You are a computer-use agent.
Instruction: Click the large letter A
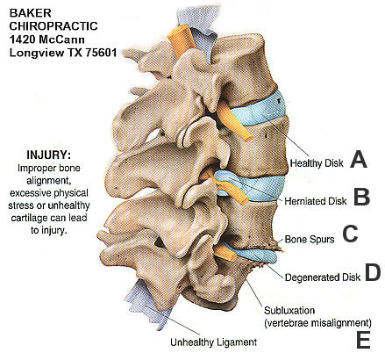[359, 159]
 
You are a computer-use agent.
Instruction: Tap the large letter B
[361, 197]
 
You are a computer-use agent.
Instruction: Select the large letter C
[350, 234]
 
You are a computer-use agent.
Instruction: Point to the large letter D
[373, 272]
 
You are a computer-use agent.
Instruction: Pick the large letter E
[363, 340]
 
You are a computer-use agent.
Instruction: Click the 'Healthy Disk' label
[317, 163]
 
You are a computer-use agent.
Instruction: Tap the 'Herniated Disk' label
[316, 201]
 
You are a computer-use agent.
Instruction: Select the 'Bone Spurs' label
[310, 240]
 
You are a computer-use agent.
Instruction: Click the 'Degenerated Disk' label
[323, 277]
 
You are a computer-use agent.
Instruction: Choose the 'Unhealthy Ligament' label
[213, 342]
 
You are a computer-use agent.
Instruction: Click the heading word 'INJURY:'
[48, 155]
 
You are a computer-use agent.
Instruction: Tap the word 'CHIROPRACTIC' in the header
[53, 26]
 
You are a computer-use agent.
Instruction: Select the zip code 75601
[101, 53]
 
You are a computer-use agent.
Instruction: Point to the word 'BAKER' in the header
[30, 13]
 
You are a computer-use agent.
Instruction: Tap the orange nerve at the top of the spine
[182, 40]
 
